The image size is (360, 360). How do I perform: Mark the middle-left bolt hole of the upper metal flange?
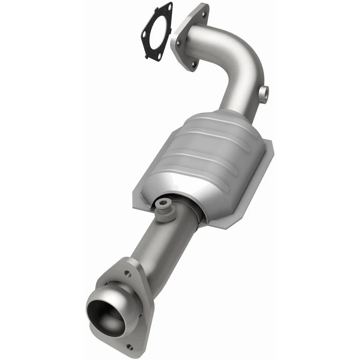(x=178, y=43)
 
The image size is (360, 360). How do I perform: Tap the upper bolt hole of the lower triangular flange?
(x=127, y=274)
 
